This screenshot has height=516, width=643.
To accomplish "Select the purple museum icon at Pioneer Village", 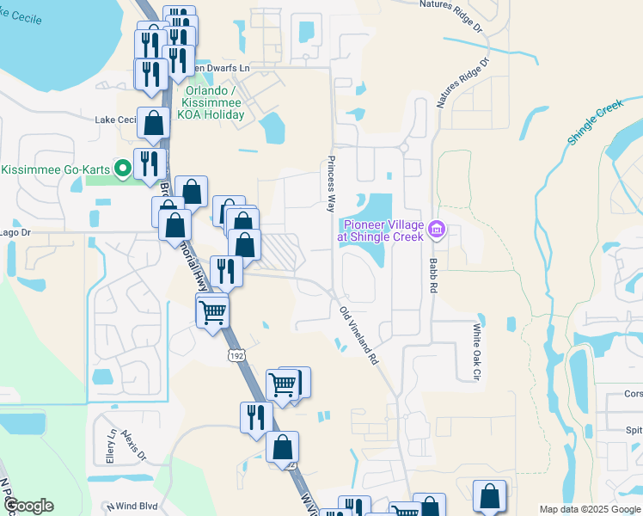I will point(437,229).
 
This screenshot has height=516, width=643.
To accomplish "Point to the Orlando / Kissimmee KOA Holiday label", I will point(211,102).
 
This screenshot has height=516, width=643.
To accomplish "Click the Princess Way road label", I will point(329,184).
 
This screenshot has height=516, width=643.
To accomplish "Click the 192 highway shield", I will point(236,354).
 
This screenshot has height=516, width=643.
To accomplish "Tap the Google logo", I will point(28,507).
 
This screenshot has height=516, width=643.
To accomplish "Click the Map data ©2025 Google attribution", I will point(589,509).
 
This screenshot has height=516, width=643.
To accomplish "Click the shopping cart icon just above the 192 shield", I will point(212,313).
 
